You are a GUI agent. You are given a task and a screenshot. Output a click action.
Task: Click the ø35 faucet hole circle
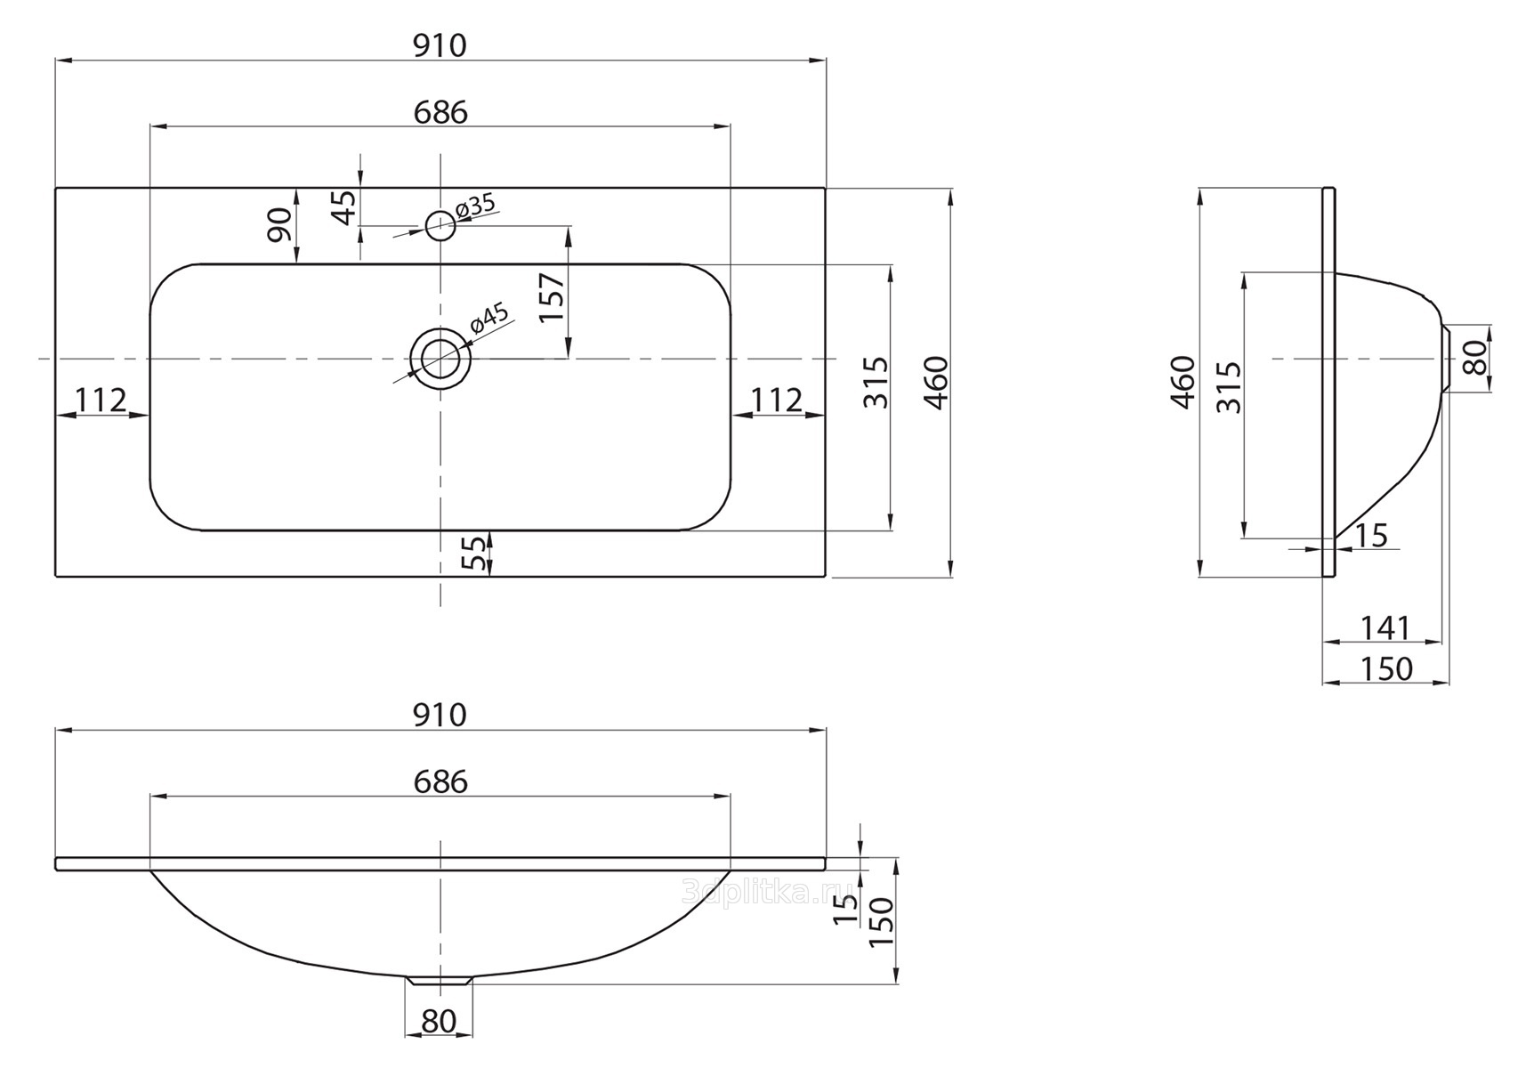coord(440,225)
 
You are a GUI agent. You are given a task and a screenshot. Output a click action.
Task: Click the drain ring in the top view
coord(440,359)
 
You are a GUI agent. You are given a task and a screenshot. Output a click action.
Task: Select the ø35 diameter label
coord(474,206)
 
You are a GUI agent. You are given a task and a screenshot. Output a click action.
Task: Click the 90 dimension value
coord(279,224)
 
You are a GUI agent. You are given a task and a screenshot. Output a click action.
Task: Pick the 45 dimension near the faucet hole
coord(344,207)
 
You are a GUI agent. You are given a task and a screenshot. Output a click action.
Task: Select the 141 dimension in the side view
coord(1385,628)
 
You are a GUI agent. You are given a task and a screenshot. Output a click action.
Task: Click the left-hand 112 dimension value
coord(101,400)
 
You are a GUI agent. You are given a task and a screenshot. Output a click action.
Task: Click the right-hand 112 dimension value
coord(777,400)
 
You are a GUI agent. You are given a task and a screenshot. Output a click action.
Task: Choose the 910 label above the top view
coord(440,45)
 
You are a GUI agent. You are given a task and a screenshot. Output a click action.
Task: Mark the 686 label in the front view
coord(440,781)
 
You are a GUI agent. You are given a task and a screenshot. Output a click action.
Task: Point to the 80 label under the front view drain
coord(439,1022)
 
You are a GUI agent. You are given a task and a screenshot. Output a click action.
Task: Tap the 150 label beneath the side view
coord(1386,668)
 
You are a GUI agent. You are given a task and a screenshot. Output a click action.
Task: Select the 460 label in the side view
coord(1183,382)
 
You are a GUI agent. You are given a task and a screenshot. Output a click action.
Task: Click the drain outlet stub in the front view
coord(439,981)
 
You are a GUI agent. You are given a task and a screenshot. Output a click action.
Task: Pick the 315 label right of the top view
coord(876,382)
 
